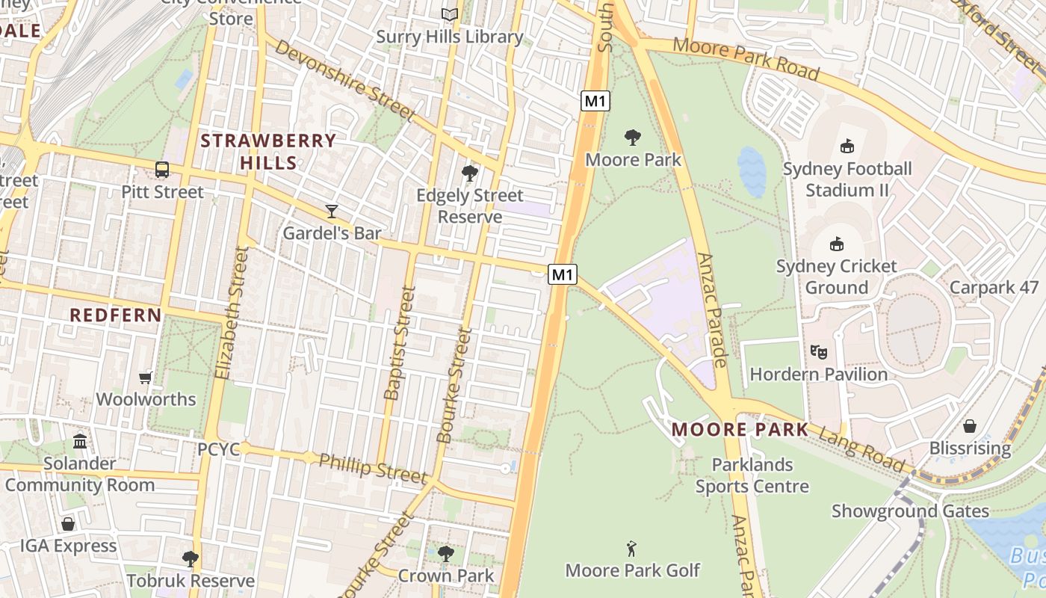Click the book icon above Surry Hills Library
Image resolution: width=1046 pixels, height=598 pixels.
[x=449, y=14]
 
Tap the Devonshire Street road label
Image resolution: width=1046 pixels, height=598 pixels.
[x=344, y=80]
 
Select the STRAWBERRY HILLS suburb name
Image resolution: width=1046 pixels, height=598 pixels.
[x=268, y=152]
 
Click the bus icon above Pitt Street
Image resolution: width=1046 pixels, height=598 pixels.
[x=162, y=170]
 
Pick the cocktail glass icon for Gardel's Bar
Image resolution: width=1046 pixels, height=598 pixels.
[x=332, y=212]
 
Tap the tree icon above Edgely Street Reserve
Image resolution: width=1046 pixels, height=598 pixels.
[x=469, y=173]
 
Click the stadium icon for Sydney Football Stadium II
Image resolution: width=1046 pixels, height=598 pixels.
[x=847, y=147]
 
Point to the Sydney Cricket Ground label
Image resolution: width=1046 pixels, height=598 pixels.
[x=836, y=277]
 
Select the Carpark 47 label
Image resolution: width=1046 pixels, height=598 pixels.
[x=994, y=288]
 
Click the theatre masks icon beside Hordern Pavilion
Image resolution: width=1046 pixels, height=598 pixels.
[x=819, y=351]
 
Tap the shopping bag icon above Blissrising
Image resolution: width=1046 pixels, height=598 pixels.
[x=970, y=426]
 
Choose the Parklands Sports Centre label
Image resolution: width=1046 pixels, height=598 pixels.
[x=752, y=475]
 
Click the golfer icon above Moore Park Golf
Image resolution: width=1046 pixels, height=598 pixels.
[x=632, y=549]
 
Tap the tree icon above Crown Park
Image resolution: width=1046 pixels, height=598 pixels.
[x=446, y=554]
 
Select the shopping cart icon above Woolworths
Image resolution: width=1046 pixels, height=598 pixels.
[x=146, y=377]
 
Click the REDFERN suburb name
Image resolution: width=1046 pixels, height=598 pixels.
[x=116, y=315]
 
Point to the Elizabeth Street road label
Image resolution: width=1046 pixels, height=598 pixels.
[x=230, y=313]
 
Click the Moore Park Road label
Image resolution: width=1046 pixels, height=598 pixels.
[x=746, y=58]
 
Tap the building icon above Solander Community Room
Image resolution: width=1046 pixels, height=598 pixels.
[x=80, y=442]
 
